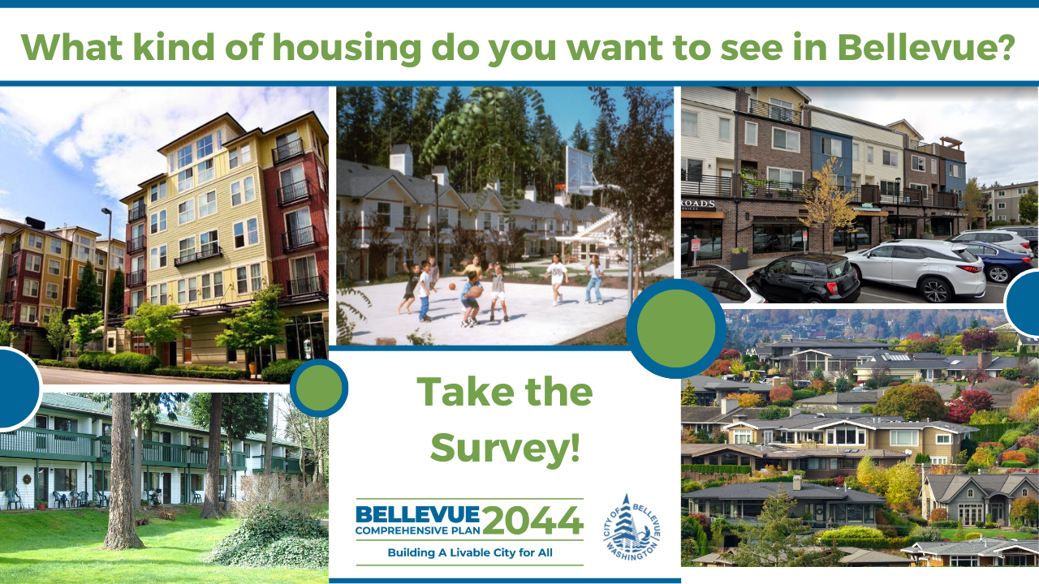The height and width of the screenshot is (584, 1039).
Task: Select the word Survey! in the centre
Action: [505, 447]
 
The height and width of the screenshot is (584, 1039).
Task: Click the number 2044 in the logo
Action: [533, 520]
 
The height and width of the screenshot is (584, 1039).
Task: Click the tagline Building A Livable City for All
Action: [469, 554]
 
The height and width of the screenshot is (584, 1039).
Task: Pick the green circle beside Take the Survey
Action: [319, 388]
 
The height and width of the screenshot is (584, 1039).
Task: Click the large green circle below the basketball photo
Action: [676, 328]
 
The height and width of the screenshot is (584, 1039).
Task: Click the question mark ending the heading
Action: [1005, 47]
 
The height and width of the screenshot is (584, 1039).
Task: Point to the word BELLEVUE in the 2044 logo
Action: [417, 514]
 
